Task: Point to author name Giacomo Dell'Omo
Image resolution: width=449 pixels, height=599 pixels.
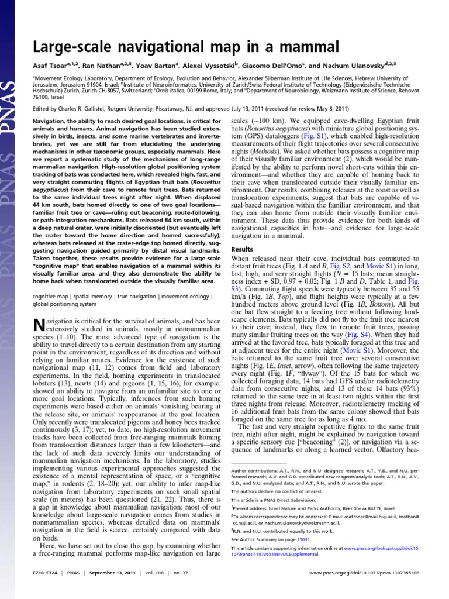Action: point(288,68)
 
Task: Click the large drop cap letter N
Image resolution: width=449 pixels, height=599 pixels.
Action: point(39,326)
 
